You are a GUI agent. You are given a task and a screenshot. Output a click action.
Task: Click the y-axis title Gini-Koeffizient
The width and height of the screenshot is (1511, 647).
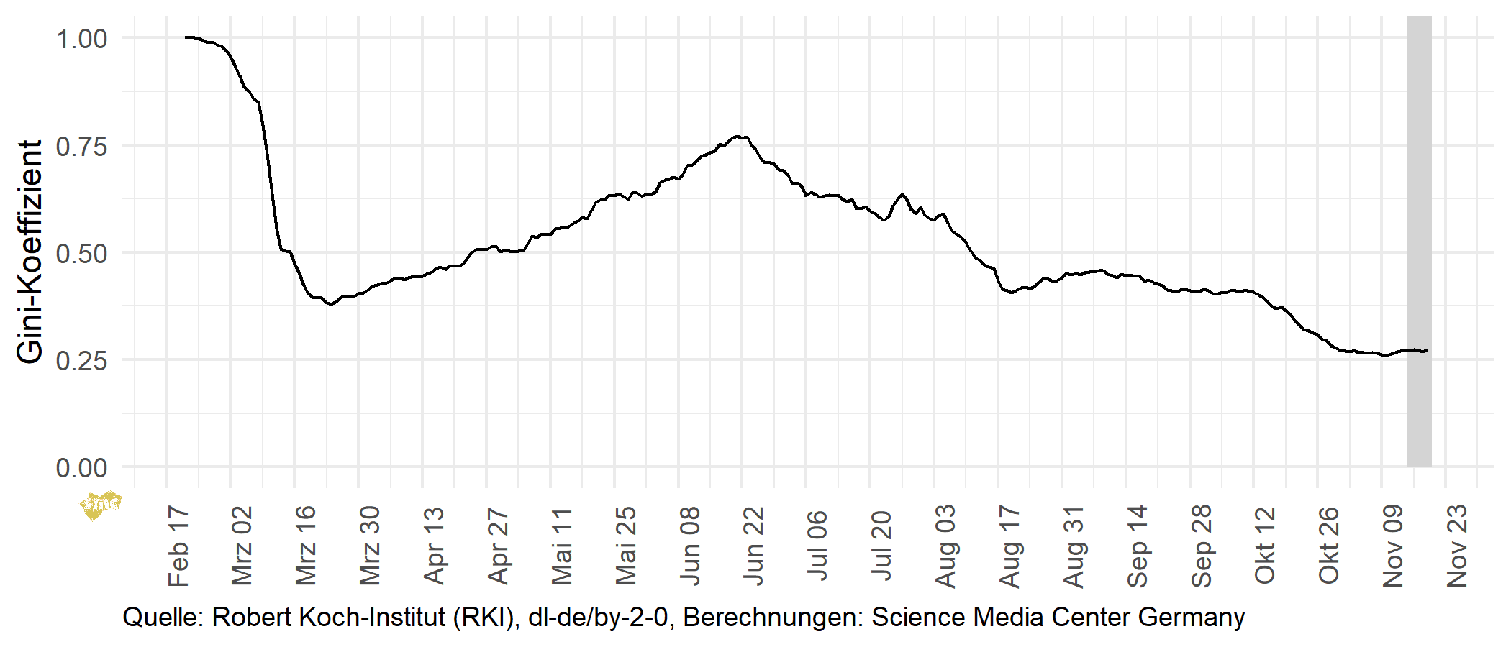pos(30,252)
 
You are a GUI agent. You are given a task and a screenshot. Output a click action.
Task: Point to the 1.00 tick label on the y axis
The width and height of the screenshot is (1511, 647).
pos(81,39)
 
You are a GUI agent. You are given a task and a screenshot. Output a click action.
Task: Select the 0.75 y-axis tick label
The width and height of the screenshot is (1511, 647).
pos(81,147)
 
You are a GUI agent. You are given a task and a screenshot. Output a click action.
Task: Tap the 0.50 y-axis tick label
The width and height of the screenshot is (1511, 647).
pos(81,254)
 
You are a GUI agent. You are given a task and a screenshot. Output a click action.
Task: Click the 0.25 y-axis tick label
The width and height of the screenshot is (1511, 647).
pos(81,361)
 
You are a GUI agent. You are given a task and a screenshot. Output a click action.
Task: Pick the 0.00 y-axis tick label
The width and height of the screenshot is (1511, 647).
pos(81,468)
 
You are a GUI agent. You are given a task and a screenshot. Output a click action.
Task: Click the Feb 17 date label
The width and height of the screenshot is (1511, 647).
pos(178,546)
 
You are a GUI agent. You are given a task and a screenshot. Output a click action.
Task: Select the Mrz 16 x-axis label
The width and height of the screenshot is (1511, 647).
pos(306,546)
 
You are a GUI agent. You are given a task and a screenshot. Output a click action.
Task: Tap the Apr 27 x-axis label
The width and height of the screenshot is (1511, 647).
pos(498,546)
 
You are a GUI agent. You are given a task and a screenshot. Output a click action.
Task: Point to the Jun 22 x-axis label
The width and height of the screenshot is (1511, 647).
pos(753,546)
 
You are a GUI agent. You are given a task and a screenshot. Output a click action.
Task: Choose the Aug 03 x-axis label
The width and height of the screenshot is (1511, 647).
pos(945,546)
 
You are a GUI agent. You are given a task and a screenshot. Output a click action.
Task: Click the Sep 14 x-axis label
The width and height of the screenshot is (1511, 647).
pos(1138,546)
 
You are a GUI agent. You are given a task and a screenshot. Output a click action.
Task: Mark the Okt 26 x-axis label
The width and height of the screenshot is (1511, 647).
pos(1329,546)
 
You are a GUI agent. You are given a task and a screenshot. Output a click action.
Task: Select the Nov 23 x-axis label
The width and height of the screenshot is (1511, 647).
pos(1457,546)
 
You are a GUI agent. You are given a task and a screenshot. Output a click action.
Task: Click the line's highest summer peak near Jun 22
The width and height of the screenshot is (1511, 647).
pos(738,136)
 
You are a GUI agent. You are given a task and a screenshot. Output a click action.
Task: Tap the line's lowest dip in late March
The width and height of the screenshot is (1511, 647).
pos(330,304)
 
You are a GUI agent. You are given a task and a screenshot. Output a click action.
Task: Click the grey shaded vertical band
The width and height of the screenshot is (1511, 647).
pos(1419,241)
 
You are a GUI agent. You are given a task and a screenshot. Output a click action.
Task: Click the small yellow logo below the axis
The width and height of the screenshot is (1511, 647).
pos(100,505)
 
